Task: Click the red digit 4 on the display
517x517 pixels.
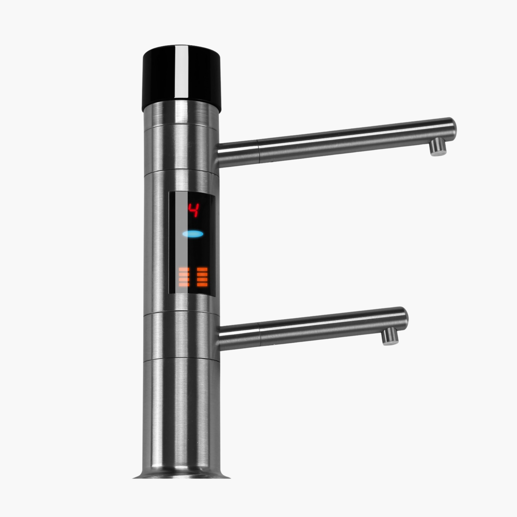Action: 193,210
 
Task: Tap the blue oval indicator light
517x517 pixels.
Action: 193,234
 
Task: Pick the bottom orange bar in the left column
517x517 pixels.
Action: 184,285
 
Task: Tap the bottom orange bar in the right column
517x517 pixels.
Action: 202,285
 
